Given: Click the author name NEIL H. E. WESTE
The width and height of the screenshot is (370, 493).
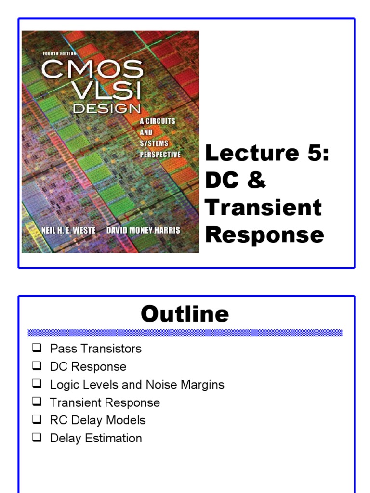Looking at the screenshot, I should click(68, 230).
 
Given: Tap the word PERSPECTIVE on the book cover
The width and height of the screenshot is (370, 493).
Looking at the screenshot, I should click(160, 155).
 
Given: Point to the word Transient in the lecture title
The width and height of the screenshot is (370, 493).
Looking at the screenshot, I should click(263, 208).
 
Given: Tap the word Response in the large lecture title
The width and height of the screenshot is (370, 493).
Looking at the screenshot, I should click(264, 235).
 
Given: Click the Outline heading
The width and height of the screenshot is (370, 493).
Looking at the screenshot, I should click(185, 314).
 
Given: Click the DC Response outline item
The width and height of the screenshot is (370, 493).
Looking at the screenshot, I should click(88, 366).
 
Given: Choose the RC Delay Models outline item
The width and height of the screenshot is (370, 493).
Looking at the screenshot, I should click(97, 420).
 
